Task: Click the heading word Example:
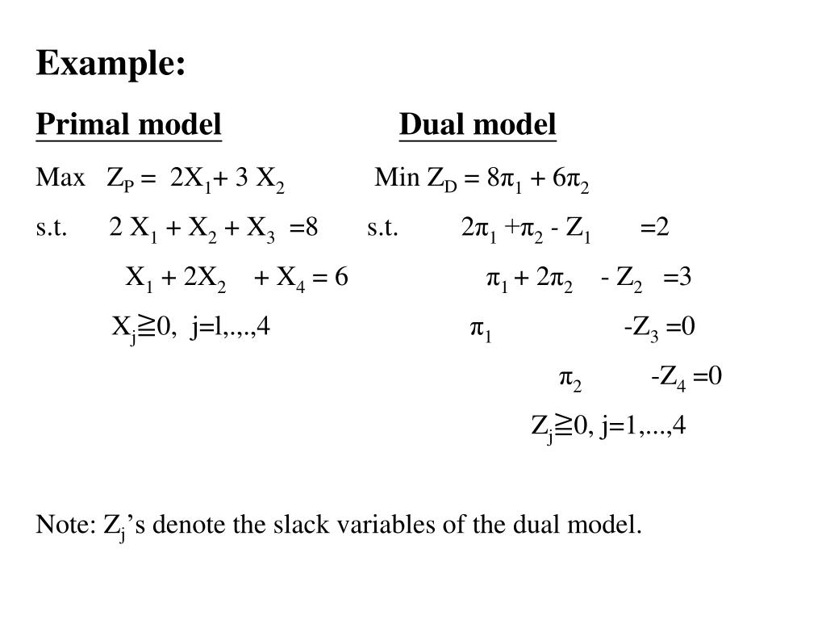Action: (111, 64)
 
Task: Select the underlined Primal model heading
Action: (128, 125)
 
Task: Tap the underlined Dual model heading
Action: (478, 125)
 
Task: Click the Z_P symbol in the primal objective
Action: (119, 179)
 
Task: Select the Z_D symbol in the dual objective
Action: (442, 179)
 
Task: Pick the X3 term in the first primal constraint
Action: (261, 229)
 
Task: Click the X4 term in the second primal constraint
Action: (290, 279)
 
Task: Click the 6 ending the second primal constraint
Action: (341, 277)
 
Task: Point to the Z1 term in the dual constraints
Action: (579, 229)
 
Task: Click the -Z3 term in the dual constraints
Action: (644, 328)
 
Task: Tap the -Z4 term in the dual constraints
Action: (668, 377)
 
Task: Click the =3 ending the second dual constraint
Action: (678, 277)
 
